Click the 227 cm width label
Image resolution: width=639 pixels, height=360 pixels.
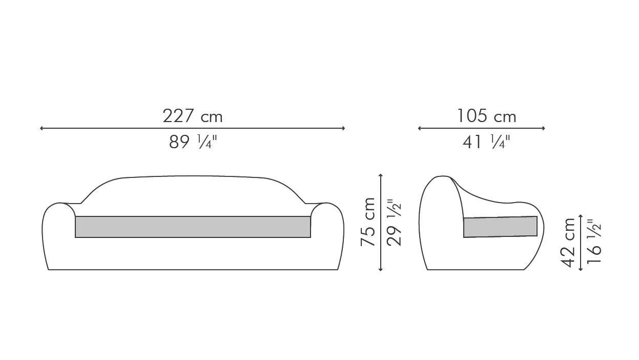pyautogui.click(x=193, y=116)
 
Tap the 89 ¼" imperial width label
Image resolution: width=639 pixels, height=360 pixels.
pyautogui.click(x=193, y=142)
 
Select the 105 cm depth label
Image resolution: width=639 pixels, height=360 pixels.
pyautogui.click(x=487, y=116)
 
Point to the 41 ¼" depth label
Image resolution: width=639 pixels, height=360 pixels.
pyautogui.click(x=486, y=142)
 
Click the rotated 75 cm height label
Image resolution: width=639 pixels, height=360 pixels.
pyautogui.click(x=368, y=222)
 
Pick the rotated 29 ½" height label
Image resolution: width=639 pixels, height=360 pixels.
pyautogui.click(x=394, y=223)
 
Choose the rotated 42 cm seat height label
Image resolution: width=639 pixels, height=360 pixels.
pyautogui.click(x=568, y=243)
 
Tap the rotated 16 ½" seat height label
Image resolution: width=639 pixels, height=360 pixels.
pyautogui.click(x=594, y=241)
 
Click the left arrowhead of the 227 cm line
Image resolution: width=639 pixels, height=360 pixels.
pyautogui.click(x=42, y=128)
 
